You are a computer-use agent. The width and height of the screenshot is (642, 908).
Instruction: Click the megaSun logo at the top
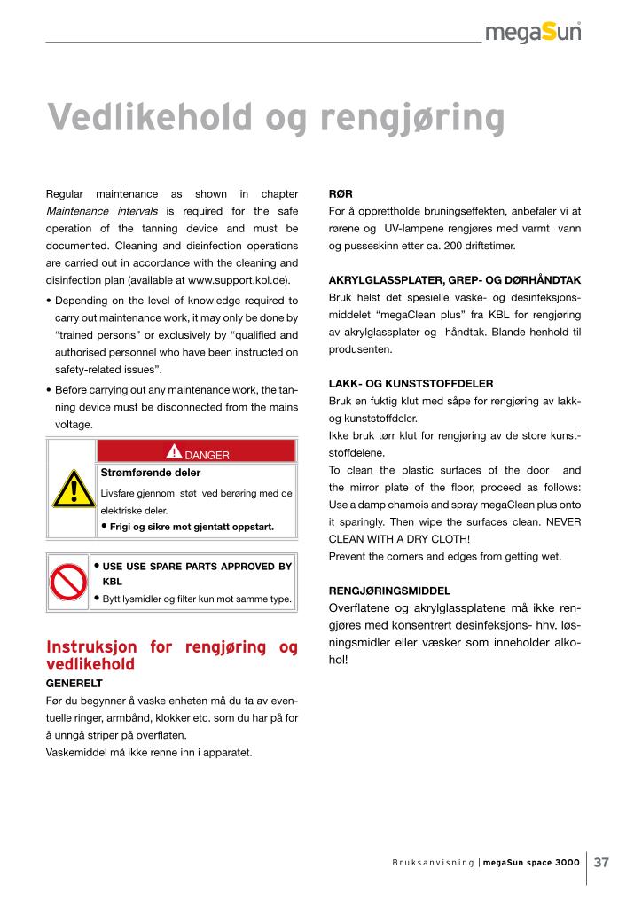coord(533,33)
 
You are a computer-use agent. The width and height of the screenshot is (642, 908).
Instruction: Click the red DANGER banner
coord(194,455)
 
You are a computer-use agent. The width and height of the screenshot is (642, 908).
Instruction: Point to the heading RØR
coord(341,193)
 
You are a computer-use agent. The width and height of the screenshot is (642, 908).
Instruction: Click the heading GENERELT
coord(74,684)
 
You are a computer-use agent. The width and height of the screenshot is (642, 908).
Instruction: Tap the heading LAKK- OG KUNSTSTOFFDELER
coord(411,384)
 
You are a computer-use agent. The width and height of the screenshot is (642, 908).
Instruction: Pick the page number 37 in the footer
coord(601,862)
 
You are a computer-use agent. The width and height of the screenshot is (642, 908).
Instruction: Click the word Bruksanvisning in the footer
coord(433,863)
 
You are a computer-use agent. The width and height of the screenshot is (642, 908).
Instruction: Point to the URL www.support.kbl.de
coord(232,279)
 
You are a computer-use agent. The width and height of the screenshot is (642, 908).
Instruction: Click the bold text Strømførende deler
coord(151,473)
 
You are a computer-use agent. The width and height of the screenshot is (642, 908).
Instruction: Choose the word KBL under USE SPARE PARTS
coord(113,582)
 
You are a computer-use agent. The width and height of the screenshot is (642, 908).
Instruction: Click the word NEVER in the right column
coord(562,521)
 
